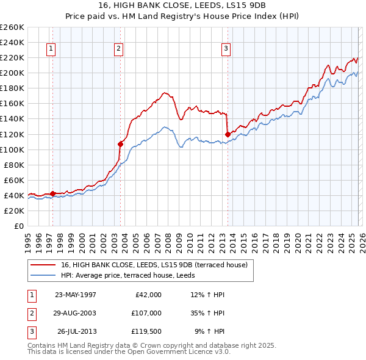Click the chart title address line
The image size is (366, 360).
[x=183, y=5]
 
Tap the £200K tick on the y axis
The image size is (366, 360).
[x=12, y=73]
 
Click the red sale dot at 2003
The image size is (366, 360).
[x=120, y=144]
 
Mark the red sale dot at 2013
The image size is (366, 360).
[x=228, y=134]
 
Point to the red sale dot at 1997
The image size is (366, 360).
[x=53, y=193]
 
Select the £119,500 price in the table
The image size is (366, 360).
[x=146, y=332]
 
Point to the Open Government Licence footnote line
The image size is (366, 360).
[x=128, y=351]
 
